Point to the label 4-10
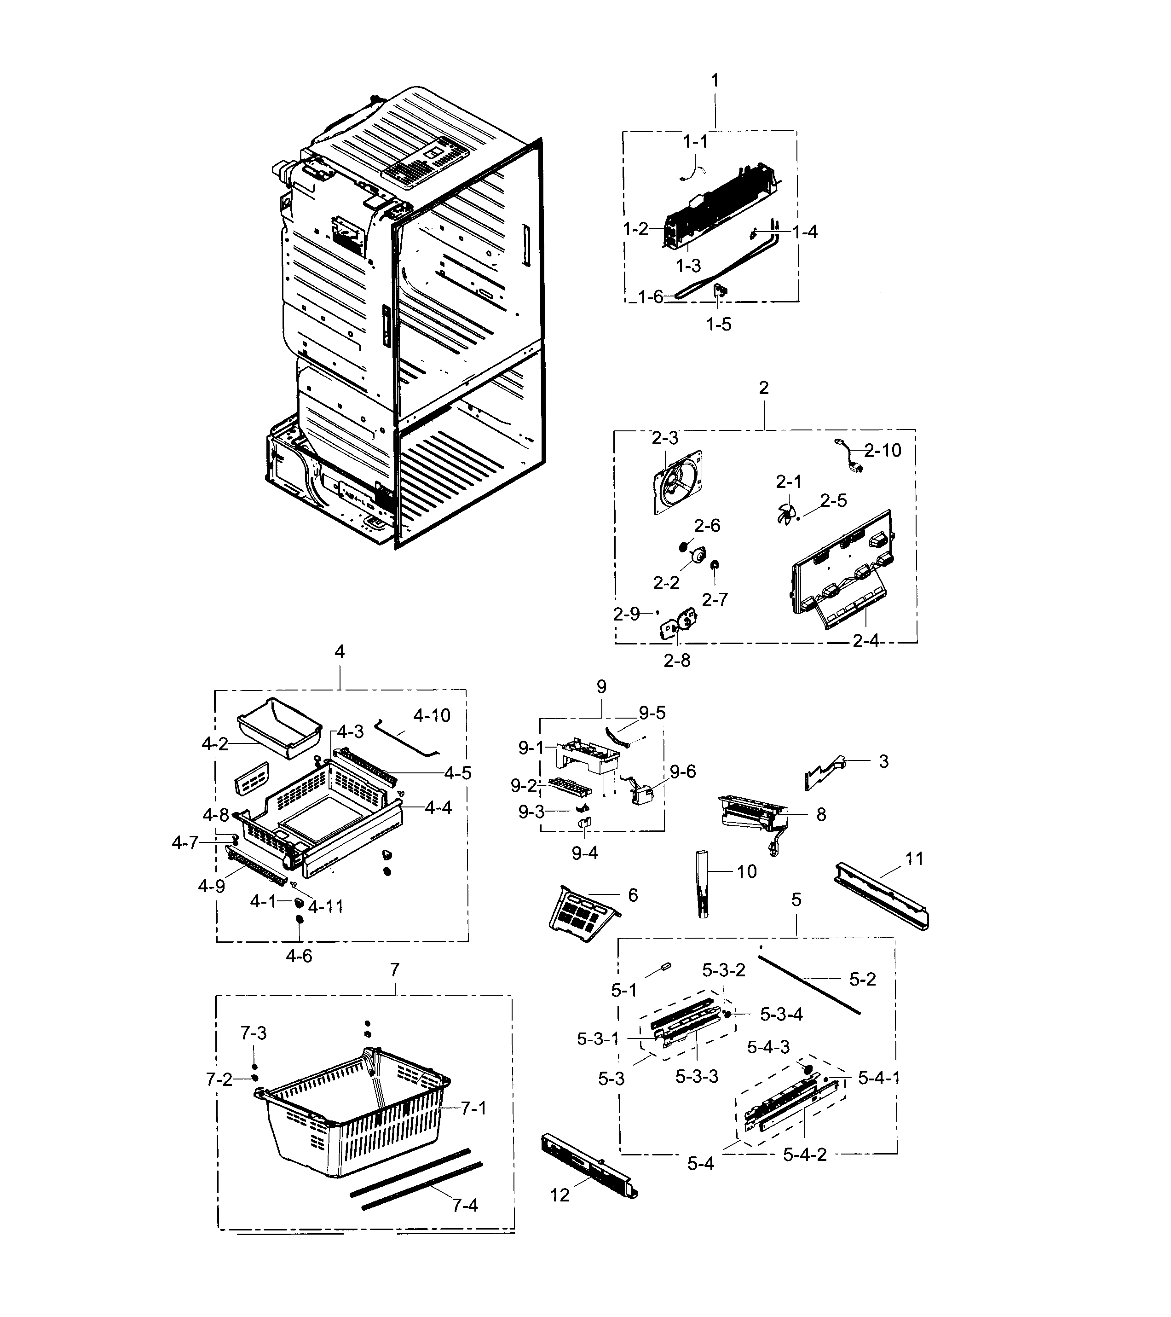[432, 715]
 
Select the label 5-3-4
[781, 1014]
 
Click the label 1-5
[719, 324]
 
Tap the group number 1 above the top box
[714, 81]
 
